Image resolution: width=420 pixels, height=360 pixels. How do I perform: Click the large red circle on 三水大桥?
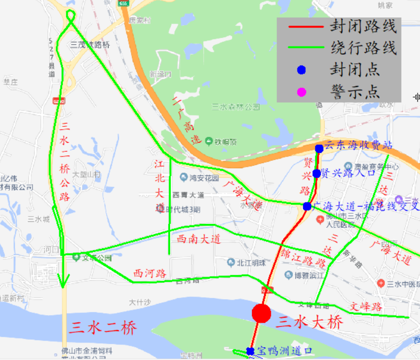click(x=261, y=313)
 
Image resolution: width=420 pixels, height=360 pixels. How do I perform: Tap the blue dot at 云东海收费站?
click(x=319, y=148)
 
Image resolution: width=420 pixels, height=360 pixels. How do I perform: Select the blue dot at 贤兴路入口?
click(x=317, y=173)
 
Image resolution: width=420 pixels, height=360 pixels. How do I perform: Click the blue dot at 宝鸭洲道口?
click(x=250, y=351)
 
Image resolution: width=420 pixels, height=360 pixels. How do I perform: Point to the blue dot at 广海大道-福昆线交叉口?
click(x=307, y=206)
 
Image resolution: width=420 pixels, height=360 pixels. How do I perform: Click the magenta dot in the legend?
click(x=301, y=92)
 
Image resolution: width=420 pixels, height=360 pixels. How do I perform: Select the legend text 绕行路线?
click(x=363, y=49)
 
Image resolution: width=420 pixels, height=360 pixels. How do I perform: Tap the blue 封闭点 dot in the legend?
click(x=301, y=70)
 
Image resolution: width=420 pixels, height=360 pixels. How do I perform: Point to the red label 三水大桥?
click(x=310, y=322)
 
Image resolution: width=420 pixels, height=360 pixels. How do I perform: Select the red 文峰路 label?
click(x=366, y=307)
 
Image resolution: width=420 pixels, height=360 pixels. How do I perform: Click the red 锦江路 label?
click(x=303, y=259)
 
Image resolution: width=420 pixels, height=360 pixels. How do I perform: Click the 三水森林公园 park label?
click(x=236, y=107)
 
